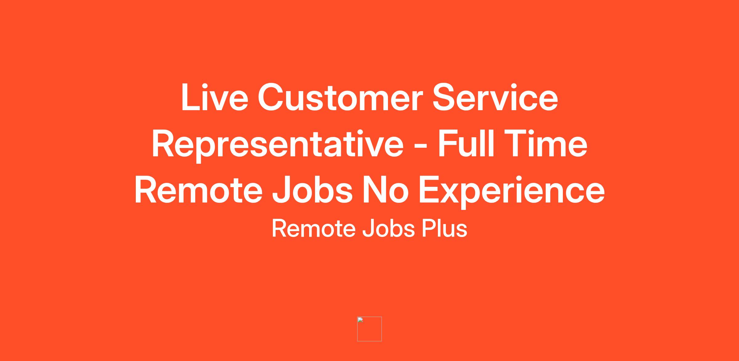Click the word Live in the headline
(215, 97)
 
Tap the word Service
(495, 97)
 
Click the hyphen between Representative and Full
(421, 147)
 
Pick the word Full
(466, 143)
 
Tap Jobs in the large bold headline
(313, 190)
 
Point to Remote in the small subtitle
(313, 229)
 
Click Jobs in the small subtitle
(388, 229)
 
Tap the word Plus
(444, 229)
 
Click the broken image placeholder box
(369, 329)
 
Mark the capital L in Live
(191, 97)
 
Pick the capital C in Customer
(271, 97)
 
